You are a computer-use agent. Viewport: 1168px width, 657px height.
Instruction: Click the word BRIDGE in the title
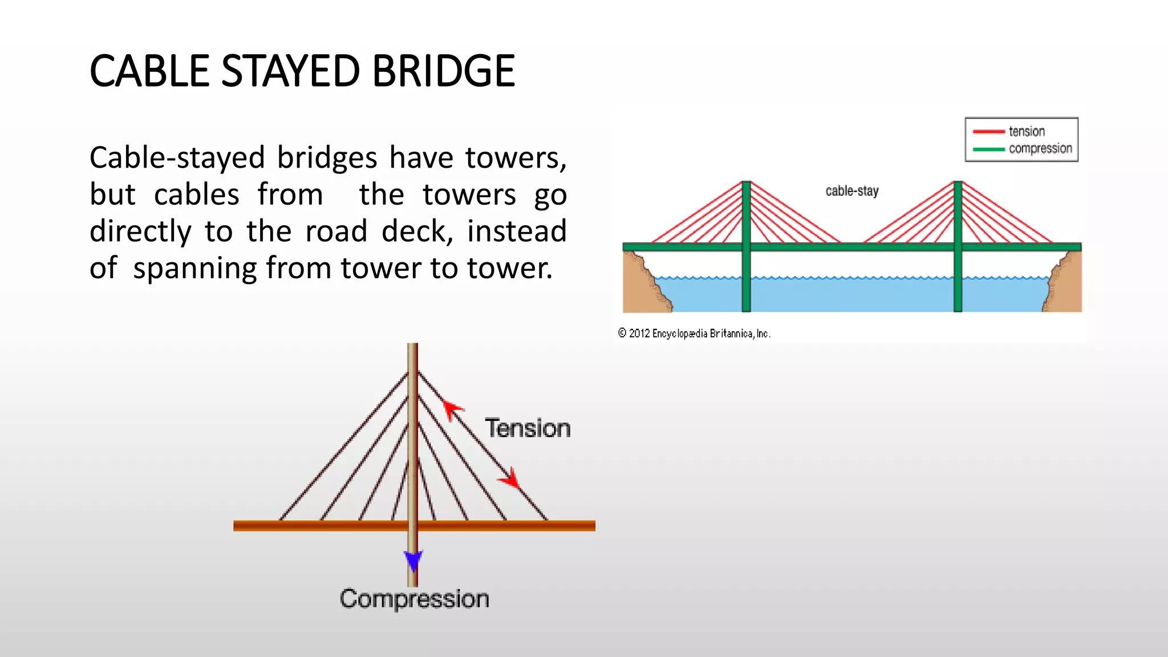[x=443, y=71]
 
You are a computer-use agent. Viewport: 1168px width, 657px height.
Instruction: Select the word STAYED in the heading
[x=290, y=71]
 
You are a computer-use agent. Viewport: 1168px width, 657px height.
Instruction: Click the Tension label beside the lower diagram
[x=528, y=428]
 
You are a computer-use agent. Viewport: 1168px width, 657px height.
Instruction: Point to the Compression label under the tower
[x=415, y=599]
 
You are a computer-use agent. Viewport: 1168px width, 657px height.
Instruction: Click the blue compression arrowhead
[x=413, y=560]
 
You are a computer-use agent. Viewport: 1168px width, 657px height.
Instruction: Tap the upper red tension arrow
[x=452, y=409]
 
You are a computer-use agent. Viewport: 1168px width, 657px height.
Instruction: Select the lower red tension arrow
[x=510, y=478]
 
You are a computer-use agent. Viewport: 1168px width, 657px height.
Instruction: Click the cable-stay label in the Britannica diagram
[x=852, y=191]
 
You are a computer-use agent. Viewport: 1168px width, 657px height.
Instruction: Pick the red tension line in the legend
[x=988, y=132]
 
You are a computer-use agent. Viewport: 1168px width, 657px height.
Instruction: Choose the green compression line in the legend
[x=988, y=149]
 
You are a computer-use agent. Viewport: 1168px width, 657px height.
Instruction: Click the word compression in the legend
[x=1040, y=149]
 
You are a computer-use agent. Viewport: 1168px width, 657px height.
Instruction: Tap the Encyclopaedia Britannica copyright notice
[x=694, y=334]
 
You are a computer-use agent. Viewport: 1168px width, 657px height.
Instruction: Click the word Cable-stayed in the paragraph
[x=177, y=158]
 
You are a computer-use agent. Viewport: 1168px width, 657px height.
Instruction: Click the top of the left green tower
[x=746, y=184]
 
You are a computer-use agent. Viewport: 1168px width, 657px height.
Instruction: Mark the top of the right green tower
[x=958, y=184]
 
